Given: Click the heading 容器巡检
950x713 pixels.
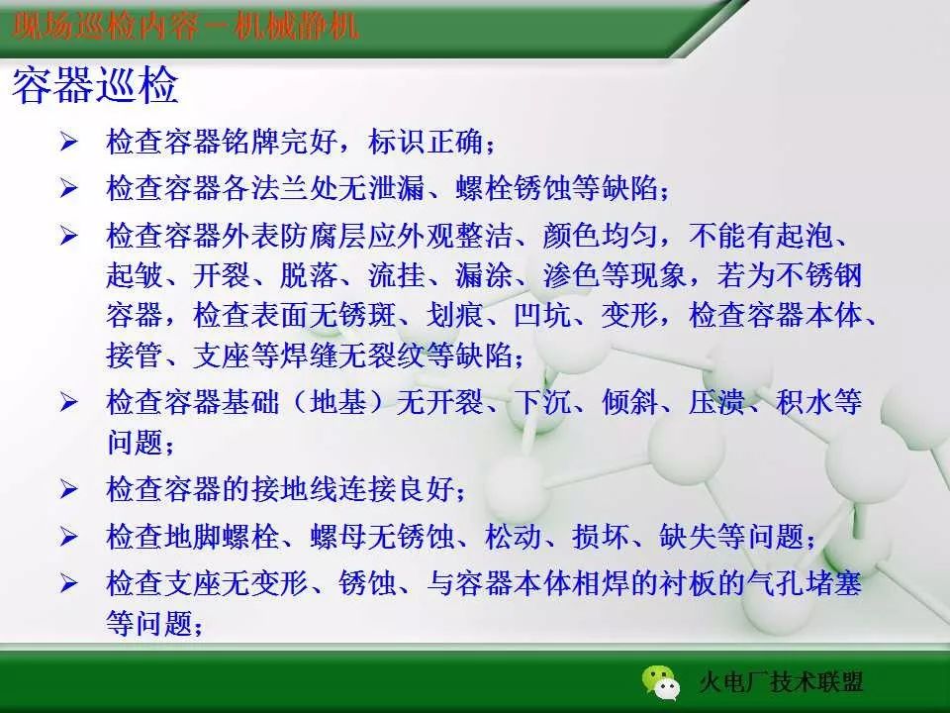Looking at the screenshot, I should pyautogui.click(x=95, y=88).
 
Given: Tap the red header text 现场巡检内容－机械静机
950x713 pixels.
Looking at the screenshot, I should pyautogui.click(x=186, y=24).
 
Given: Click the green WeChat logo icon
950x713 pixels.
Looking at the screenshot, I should pyautogui.click(x=661, y=680).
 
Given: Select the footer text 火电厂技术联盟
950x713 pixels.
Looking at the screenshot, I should pyautogui.click(x=781, y=682).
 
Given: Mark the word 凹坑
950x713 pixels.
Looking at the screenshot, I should pyautogui.click(x=542, y=316).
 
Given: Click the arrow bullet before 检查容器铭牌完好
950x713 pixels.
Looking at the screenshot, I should pyautogui.click(x=67, y=142).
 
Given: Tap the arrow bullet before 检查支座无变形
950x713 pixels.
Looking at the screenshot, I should pyautogui.click(x=67, y=583).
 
